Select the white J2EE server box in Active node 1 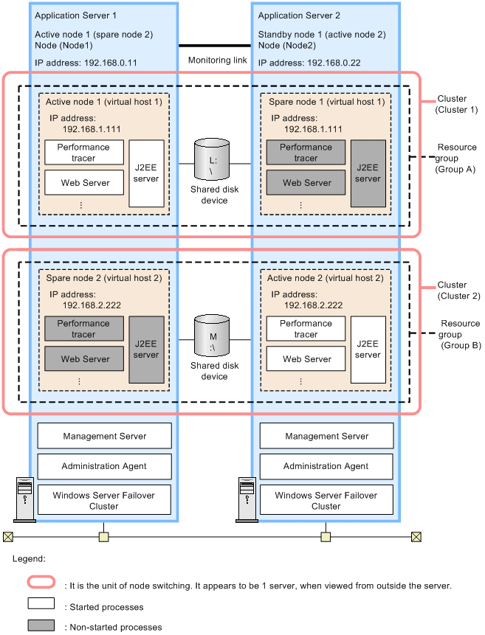coord(146,173)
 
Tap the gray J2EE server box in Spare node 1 coord(368,173)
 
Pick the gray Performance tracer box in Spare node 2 coord(84,329)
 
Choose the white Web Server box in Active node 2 coord(307,359)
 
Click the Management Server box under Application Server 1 coord(104,436)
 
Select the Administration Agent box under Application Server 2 coord(326,466)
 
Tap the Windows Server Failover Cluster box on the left coord(104,501)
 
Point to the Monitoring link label coord(218,60)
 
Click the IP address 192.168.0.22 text coord(309,63)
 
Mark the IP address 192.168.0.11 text coord(86,63)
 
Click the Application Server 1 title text coord(75,15)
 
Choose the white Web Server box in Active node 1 coord(84,183)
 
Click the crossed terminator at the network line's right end coord(416,536)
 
